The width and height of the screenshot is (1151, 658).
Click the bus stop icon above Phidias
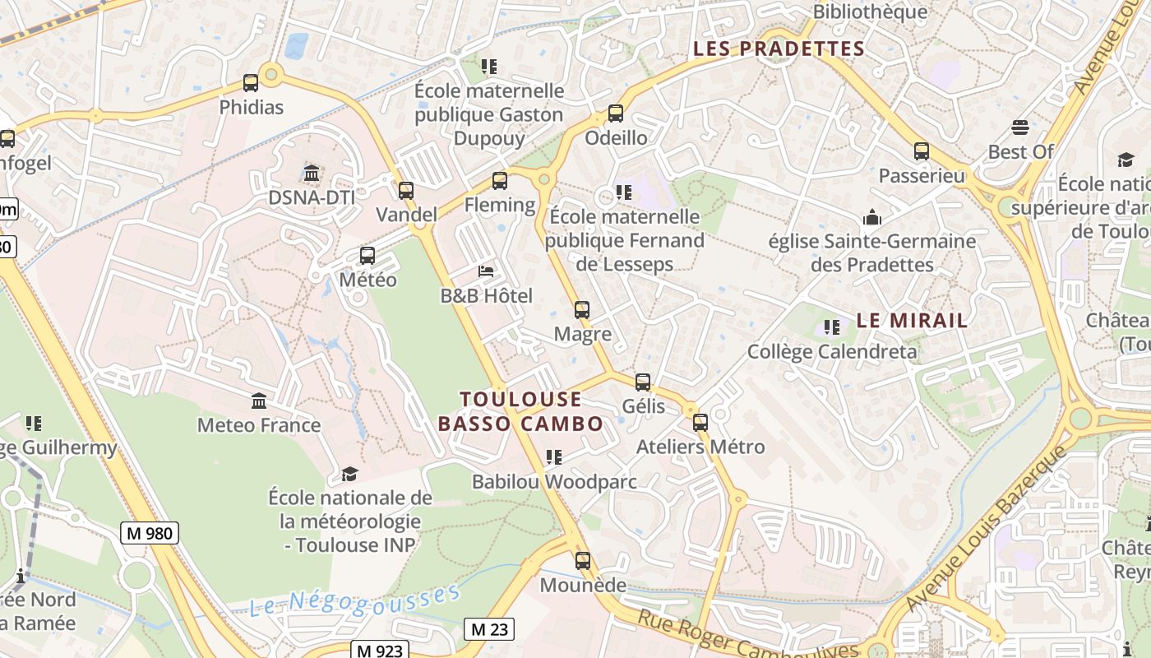click(x=251, y=83)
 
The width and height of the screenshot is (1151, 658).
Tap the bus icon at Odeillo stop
click(x=616, y=114)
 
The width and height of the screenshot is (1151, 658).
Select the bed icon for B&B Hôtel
click(x=487, y=271)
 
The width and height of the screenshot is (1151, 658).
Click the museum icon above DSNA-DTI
click(x=312, y=174)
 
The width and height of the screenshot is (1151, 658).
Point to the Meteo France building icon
click(x=259, y=401)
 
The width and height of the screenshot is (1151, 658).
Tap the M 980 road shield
click(x=150, y=533)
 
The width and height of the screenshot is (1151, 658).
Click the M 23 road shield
click(x=489, y=630)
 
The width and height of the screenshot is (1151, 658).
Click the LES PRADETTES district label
click(x=779, y=49)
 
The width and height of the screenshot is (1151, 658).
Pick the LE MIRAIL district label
click(x=912, y=321)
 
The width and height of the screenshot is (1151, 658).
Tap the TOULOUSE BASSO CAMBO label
click(x=520, y=411)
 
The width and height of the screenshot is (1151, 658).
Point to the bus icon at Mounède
click(x=583, y=561)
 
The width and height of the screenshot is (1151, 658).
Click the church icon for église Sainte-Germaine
click(x=871, y=217)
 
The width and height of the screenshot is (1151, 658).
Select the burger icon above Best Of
click(x=1020, y=127)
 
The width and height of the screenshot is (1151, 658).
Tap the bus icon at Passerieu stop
click(x=922, y=151)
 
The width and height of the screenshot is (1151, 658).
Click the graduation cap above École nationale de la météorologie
click(x=350, y=474)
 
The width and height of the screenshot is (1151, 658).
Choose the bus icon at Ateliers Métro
click(x=700, y=423)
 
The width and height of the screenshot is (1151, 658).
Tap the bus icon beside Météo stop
click(x=367, y=256)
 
